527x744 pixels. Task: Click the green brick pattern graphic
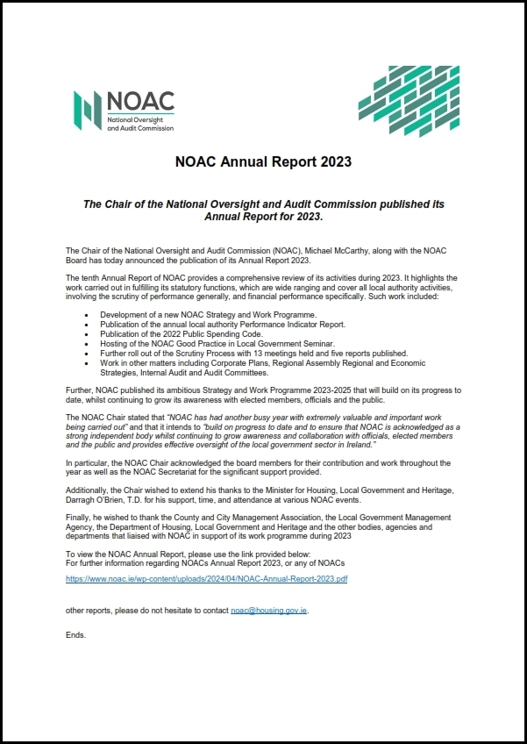click(x=409, y=102)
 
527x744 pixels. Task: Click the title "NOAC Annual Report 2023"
click(x=263, y=161)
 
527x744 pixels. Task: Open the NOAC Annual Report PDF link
click(x=207, y=580)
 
